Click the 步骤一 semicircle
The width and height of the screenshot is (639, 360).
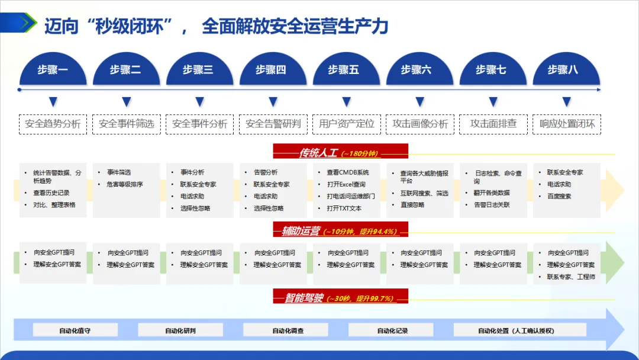click(53, 70)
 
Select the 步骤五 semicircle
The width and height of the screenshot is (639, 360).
click(344, 70)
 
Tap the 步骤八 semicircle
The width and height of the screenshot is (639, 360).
click(563, 70)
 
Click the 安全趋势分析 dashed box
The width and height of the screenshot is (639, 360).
click(53, 124)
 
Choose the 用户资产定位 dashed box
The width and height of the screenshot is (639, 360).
click(346, 124)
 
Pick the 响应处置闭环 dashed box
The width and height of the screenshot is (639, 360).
click(567, 124)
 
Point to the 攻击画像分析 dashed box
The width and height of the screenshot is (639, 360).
click(419, 124)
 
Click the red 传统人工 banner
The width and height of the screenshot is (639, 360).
click(340, 153)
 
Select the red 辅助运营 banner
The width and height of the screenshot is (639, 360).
click(340, 230)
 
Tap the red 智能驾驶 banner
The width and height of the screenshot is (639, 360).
click(340, 298)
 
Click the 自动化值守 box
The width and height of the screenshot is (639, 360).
click(75, 330)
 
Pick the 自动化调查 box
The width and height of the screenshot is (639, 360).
click(288, 330)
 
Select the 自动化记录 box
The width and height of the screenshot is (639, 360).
click(392, 330)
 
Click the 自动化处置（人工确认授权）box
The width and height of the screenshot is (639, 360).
click(515, 330)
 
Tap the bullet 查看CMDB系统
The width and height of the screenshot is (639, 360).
click(347, 172)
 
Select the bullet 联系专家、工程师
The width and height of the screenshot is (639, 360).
click(572, 277)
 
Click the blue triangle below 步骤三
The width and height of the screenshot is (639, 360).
click(199, 102)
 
